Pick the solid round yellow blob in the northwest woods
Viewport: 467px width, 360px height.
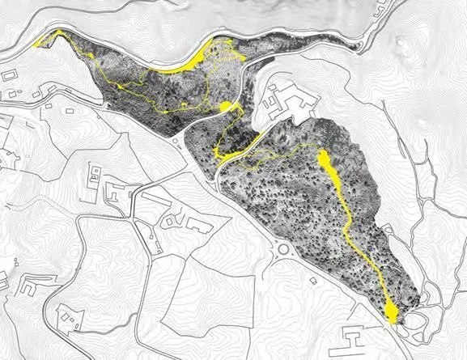click(x=227, y=107)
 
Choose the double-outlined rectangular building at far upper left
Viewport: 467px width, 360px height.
click(x=11, y=75)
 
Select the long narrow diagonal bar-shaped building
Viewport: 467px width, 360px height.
click(x=151, y=235)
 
